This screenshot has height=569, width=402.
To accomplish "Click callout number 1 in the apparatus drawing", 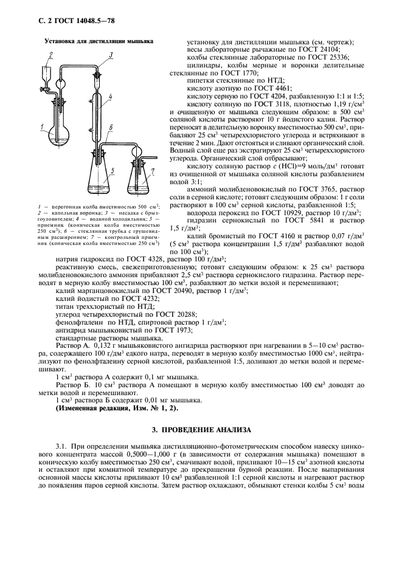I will coord(40,127).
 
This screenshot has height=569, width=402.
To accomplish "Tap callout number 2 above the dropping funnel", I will coord(52,55).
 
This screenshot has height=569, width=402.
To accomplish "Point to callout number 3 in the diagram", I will coord(112,55).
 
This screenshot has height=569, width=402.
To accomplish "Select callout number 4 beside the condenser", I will coord(110,97).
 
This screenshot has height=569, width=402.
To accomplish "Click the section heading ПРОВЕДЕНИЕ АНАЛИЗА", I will coord(201,430).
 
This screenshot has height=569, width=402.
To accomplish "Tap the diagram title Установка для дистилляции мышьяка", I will coord(98,41).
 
